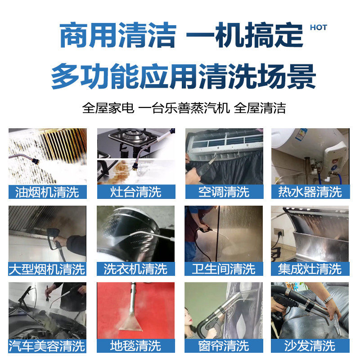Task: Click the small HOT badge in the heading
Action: click(319, 27)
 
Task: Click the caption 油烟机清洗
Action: click(47, 192)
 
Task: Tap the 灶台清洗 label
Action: click(135, 192)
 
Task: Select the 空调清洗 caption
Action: click(224, 192)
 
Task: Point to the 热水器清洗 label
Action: click(310, 192)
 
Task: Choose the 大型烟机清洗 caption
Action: click(47, 269)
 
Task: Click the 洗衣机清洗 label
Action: click(135, 269)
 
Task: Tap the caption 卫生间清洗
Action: click(224, 269)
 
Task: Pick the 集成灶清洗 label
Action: click(310, 269)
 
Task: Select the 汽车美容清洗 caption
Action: click(47, 346)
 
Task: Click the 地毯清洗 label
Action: click(135, 346)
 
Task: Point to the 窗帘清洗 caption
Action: click(224, 346)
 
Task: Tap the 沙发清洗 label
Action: click(310, 346)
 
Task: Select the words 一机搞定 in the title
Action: click(245, 36)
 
